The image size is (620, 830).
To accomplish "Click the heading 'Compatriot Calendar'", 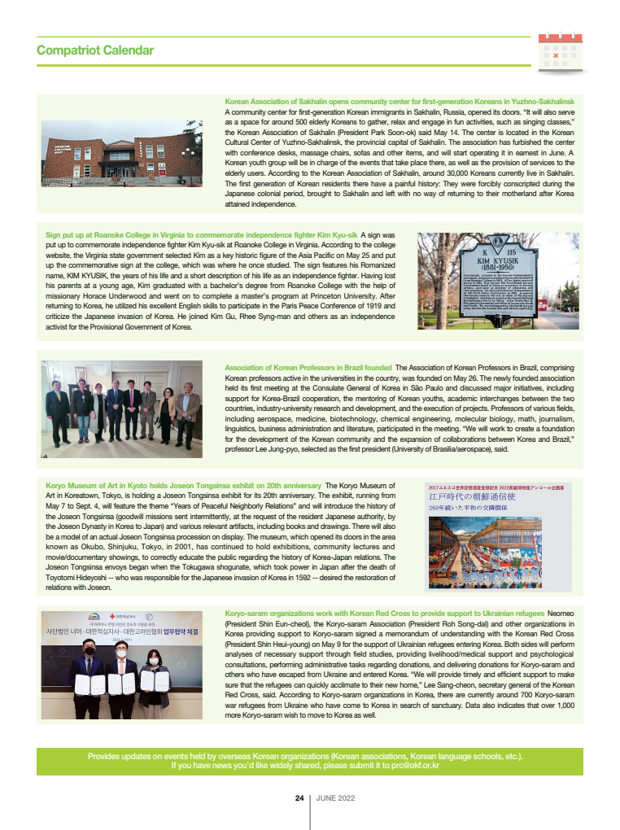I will coord(95,50).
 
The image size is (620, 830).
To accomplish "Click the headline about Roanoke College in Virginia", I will coord(202,235).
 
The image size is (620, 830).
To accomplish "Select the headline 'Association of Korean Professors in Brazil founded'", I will coord(308,368).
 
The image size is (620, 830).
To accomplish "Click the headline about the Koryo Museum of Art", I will coord(183,486).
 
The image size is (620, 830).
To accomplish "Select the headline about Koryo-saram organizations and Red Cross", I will coord(384,612).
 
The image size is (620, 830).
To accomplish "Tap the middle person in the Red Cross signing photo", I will coord(121,679).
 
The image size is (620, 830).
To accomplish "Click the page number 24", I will coord(299,799).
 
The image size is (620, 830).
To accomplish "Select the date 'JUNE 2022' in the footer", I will coord(336,799).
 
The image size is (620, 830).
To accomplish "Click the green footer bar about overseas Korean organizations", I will coord(309,761).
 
